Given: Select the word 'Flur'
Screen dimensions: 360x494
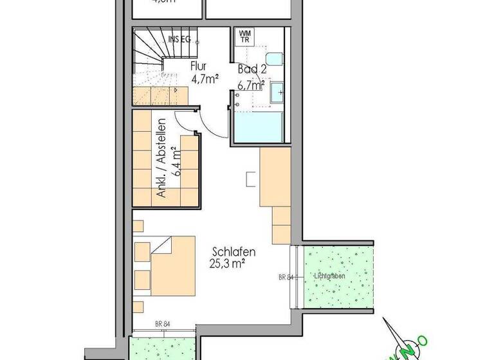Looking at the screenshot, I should point(199,65).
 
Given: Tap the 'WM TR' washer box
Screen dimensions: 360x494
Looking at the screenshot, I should point(245,35).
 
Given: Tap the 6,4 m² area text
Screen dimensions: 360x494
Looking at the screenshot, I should point(176,161).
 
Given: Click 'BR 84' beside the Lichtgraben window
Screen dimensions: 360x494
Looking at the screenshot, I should point(286,278).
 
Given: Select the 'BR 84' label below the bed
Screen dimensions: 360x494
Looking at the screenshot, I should point(162,324).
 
